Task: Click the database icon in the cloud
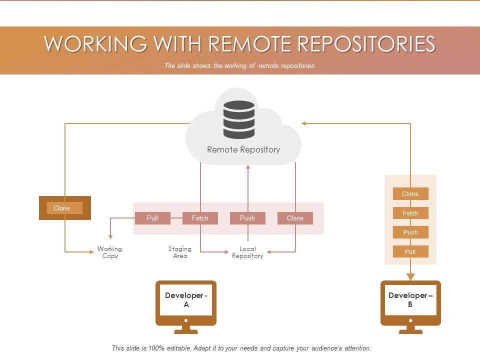[238, 119]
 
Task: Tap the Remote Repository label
[243, 149]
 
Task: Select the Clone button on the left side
[64, 208]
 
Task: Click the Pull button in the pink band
[152, 218]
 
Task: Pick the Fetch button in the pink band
[200, 218]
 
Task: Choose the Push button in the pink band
[247, 218]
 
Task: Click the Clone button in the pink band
[295, 218]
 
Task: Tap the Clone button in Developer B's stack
[410, 194]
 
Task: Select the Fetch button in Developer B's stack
[410, 213]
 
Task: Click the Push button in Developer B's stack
[410, 232]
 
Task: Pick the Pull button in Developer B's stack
[410, 251]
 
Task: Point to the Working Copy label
[110, 252]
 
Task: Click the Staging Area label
[180, 252]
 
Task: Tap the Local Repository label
[247, 252]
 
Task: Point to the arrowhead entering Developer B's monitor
[410, 276]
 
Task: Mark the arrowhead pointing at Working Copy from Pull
[110, 236]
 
